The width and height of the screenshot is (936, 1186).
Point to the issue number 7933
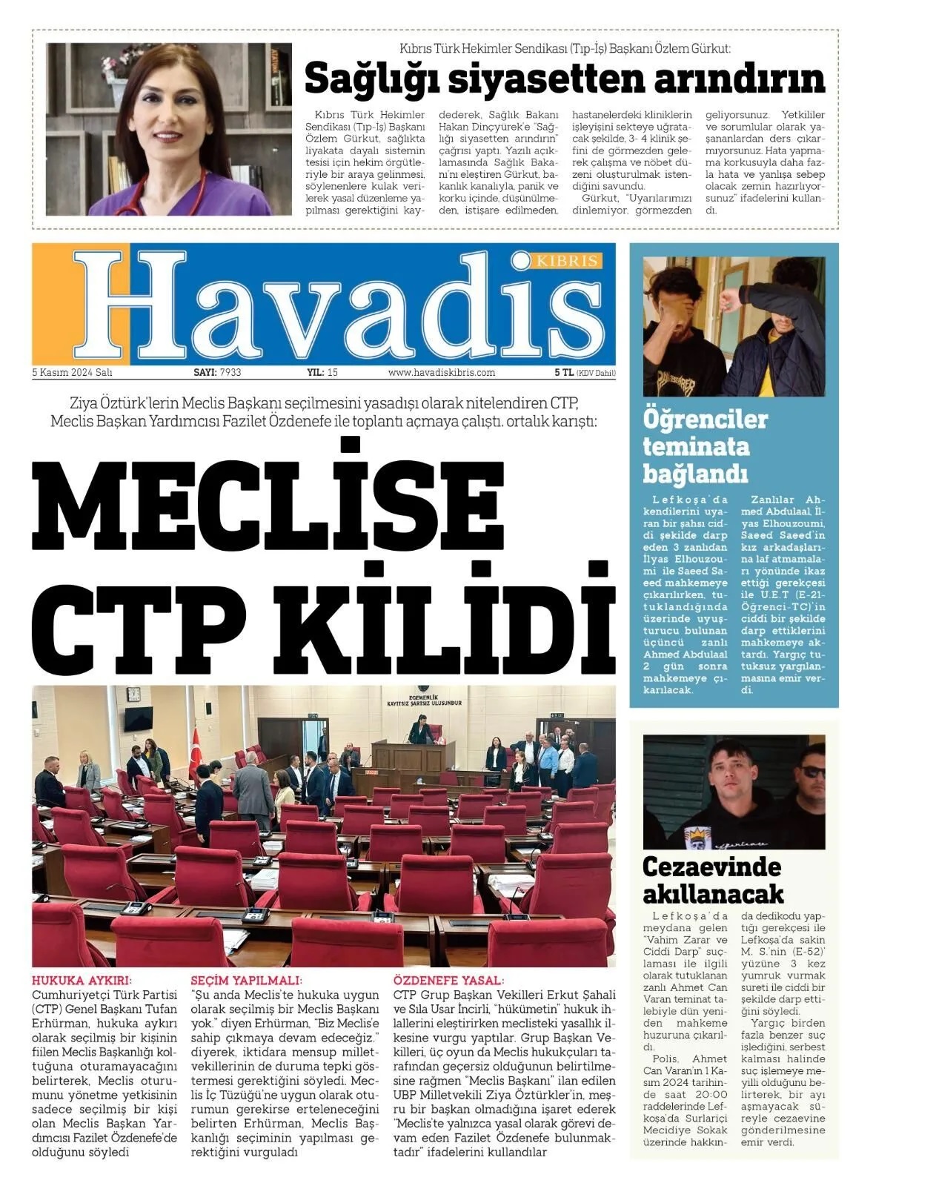click(230, 373)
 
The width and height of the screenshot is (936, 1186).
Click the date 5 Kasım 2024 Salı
click(72, 373)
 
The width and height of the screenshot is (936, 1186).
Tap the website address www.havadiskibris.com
click(441, 373)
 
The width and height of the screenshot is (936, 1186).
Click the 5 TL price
click(563, 373)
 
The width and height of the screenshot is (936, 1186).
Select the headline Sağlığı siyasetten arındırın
click(565, 79)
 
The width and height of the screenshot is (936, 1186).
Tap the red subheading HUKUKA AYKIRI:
click(82, 980)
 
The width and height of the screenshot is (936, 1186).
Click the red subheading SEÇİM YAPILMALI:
click(246, 980)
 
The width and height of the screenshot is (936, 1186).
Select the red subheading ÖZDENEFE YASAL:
click(448, 980)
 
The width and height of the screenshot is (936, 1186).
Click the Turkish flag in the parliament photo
click(196, 752)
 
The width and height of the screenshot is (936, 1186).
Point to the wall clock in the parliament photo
click(133, 695)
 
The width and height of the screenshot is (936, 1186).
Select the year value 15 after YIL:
click(333, 373)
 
